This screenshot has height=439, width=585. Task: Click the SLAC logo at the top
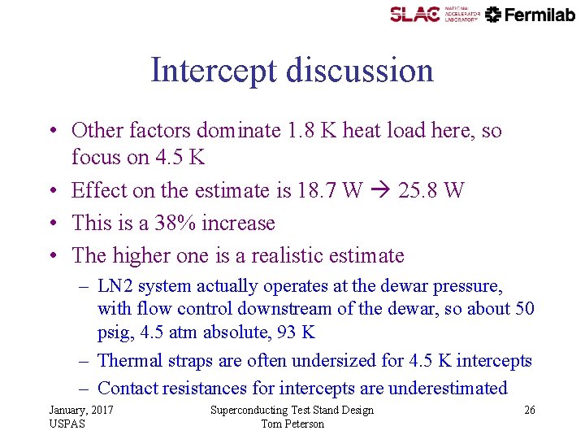[x=414, y=14]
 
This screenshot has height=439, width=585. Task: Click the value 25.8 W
[x=432, y=190]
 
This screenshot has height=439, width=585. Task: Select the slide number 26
[x=529, y=410]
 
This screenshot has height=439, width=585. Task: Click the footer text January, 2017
[x=81, y=410]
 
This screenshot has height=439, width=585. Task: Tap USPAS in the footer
[x=67, y=424]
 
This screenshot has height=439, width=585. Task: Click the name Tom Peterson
[x=292, y=424]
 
